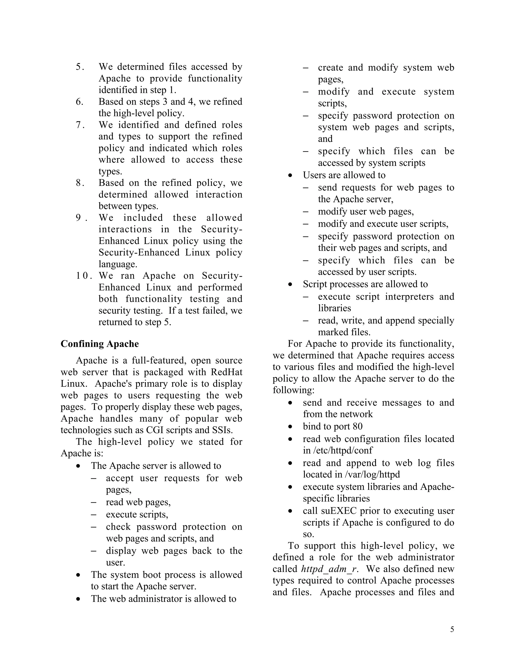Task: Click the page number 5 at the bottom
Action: (x=452, y=629)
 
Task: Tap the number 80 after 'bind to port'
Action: (x=357, y=426)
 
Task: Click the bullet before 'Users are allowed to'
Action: (x=290, y=175)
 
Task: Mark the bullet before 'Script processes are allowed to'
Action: (x=290, y=284)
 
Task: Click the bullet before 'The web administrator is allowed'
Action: (x=79, y=599)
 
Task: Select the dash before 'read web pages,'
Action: (x=94, y=502)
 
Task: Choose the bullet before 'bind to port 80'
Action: (x=290, y=427)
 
